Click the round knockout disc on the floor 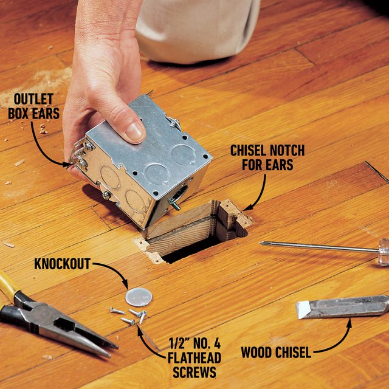coord(139,297)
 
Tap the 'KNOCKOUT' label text coord(62,264)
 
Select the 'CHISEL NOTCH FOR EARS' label coord(267,157)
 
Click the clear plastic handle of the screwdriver coord(383,251)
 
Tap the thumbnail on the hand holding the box coord(135,131)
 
